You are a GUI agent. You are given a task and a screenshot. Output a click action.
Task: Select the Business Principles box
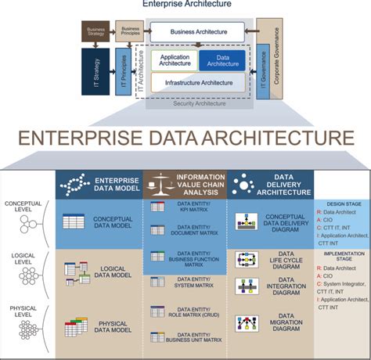coord(131,31)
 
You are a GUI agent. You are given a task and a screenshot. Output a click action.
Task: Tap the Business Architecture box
coord(200,32)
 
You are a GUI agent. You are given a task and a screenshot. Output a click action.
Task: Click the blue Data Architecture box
coord(223,60)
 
